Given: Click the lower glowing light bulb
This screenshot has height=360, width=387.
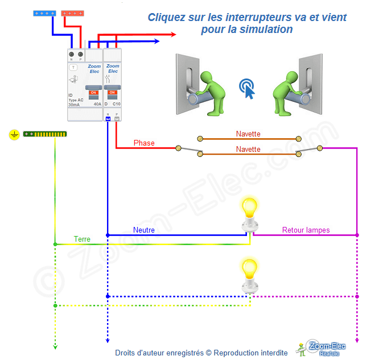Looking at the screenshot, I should [x=249, y=269].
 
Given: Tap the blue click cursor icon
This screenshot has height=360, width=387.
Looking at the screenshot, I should [x=247, y=89].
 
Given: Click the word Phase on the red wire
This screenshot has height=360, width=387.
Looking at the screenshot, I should [x=144, y=143].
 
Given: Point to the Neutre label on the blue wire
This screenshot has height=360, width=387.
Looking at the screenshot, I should [x=144, y=230].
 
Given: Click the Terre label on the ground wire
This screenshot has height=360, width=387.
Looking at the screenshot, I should [x=82, y=239].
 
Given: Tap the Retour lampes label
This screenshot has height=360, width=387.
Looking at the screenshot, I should [x=306, y=230].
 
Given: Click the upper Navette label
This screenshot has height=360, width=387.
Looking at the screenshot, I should [x=248, y=134].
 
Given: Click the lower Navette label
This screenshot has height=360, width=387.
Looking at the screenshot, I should [x=248, y=149].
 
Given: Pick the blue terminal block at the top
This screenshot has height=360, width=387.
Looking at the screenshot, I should [x=44, y=13].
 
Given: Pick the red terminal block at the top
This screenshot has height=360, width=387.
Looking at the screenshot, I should [x=73, y=13].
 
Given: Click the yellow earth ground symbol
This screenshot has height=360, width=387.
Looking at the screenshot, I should [x=14, y=135].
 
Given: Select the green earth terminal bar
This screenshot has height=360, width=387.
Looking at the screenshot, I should [x=45, y=134].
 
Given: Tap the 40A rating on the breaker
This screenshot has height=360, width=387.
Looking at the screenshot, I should [x=97, y=104].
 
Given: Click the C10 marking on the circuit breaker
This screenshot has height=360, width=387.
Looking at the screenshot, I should [x=116, y=104].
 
